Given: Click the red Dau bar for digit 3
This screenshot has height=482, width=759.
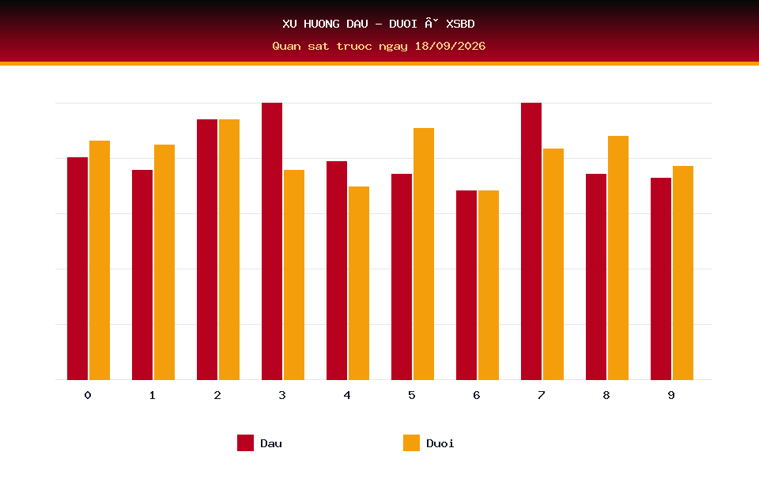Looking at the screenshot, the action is coord(271,241).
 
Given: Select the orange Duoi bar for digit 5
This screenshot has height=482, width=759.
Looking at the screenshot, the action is coord(424,254).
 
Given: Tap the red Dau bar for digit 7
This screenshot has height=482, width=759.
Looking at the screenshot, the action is coord(531,241).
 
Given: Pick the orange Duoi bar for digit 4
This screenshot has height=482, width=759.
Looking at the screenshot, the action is coord(359,283).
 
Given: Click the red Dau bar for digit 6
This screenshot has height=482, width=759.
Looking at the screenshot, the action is coord(466,285).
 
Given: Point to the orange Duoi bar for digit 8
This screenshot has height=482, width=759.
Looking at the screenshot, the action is coord(618,258).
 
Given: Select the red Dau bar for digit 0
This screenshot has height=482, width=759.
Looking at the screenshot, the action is coord(77,269).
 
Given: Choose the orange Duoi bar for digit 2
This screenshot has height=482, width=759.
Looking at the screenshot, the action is coord(229,250).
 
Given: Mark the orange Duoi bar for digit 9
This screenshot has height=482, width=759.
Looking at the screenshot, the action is coord(683,273).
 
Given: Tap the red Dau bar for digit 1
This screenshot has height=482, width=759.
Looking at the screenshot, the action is coord(142,275).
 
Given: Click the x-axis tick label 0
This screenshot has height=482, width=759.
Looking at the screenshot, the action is coord(88,395).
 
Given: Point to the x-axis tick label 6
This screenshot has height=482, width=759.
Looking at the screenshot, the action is coord(476,395).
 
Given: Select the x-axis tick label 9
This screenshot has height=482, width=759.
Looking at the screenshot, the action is coord(671,395).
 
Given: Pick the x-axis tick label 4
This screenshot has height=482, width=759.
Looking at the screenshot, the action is coord(347,395).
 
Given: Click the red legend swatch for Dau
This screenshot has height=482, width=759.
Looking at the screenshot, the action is coord(245,442).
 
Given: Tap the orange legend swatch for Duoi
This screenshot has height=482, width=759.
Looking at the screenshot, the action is coord(411,442).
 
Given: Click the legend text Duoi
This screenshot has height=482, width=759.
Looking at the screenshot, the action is coord(440,443).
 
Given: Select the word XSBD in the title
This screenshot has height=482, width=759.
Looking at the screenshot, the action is coord(460,24).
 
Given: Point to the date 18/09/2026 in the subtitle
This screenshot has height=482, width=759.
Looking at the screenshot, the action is coord(450,46).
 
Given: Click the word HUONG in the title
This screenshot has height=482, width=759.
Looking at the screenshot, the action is coord(322,24).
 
